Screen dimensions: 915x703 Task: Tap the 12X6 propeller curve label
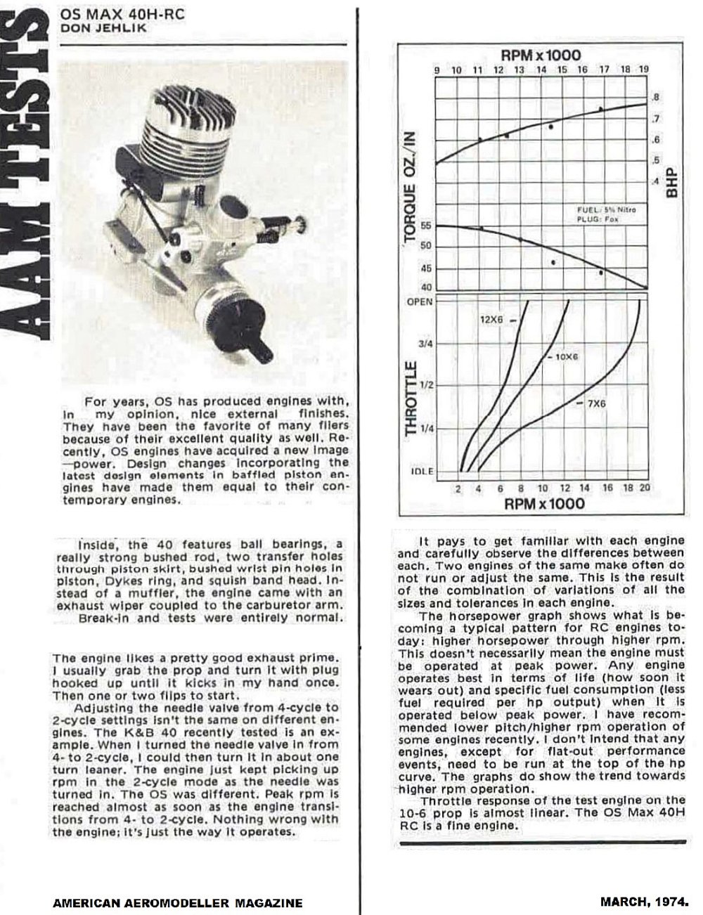pyautogui.click(x=491, y=320)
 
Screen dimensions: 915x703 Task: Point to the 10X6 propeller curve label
pyautogui.click(x=565, y=357)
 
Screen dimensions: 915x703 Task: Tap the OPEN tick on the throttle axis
pyautogui.click(x=420, y=301)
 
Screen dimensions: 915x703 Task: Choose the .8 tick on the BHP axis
pyautogui.click(x=655, y=98)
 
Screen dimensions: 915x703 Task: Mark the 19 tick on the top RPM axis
pyautogui.click(x=644, y=70)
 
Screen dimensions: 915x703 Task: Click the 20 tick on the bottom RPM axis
pyautogui.click(x=645, y=488)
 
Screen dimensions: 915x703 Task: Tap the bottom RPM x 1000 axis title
pyautogui.click(x=544, y=504)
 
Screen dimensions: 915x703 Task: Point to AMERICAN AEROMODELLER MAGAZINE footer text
pyautogui.click(x=178, y=902)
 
